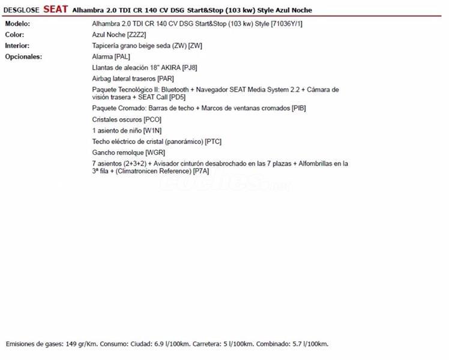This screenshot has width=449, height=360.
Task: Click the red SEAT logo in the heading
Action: coord(56,10)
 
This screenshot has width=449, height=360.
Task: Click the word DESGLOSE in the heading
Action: coord(22,10)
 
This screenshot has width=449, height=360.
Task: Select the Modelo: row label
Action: coord(17,23)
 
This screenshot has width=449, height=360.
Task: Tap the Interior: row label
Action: coord(17,46)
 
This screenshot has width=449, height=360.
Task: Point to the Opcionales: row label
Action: coord(23,56)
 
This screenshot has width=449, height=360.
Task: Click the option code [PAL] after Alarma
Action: coord(122,56)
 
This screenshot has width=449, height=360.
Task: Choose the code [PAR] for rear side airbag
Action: coord(166,79)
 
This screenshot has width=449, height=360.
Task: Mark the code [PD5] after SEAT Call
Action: coord(177,97)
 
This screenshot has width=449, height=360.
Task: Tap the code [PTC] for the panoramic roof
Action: coord(213,142)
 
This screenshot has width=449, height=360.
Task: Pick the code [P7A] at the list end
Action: coord(201,171)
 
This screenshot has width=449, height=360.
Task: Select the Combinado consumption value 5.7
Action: coord(295,344)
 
